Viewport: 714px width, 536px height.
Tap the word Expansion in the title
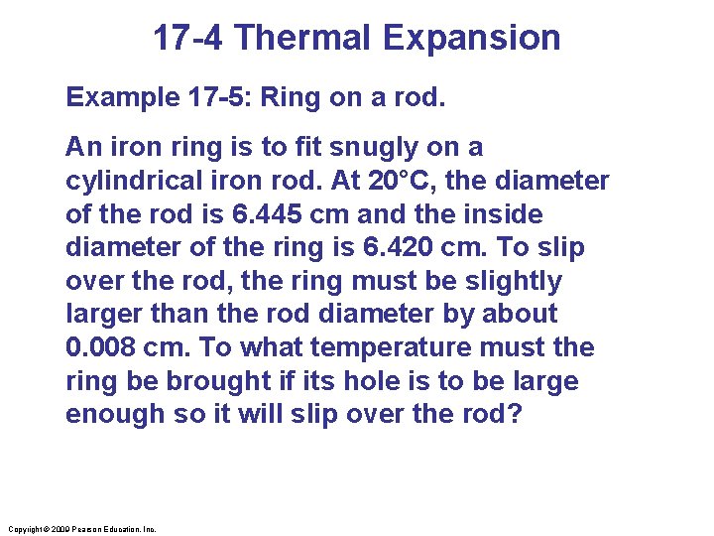click(x=471, y=39)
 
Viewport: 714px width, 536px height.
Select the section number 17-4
click(x=190, y=39)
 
